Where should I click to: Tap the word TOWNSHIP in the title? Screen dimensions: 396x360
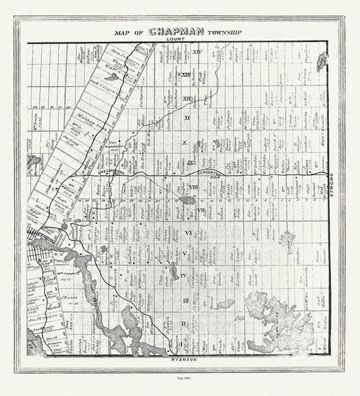click(x=220, y=32)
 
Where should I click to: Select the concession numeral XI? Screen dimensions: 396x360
click(x=187, y=118)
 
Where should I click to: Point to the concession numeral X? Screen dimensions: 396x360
click(x=184, y=143)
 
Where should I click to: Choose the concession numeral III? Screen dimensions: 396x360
click(x=186, y=299)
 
